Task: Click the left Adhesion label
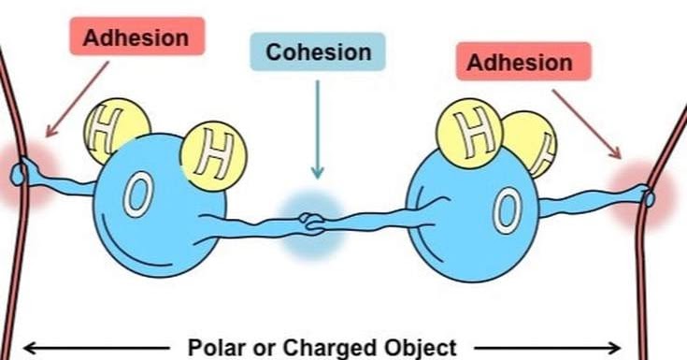click(136, 38)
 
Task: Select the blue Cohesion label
click(317, 51)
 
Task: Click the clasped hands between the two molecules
click(312, 224)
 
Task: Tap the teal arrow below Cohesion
click(317, 131)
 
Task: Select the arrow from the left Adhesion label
click(76, 103)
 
